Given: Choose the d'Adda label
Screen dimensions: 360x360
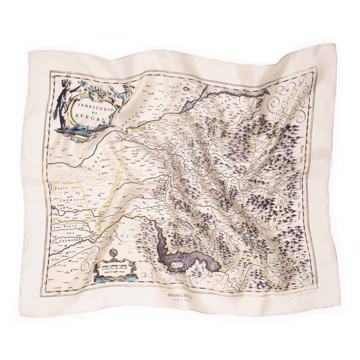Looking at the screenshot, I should click(103, 172).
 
